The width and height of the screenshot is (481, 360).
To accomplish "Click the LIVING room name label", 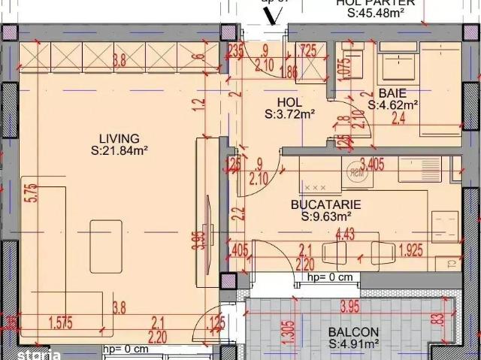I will (119, 138).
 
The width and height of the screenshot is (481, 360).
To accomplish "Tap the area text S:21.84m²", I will (119, 150).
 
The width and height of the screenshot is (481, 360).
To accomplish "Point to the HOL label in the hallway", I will (289, 103).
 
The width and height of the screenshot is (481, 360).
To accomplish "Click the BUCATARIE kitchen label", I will (326, 204).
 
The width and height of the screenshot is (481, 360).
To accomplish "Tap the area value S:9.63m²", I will (326, 216).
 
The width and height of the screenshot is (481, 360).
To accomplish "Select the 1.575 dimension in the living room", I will (61, 324).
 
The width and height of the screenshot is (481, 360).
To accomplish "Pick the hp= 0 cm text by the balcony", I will (330, 277).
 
